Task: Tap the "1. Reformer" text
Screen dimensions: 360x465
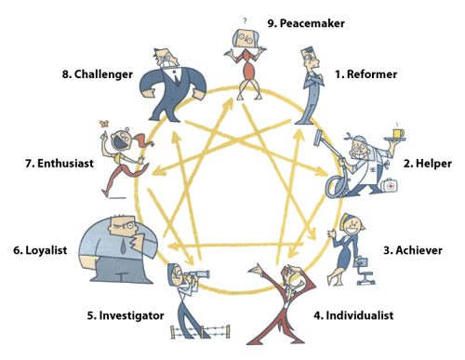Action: point(367,73)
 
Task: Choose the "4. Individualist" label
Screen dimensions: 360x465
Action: point(353,315)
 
